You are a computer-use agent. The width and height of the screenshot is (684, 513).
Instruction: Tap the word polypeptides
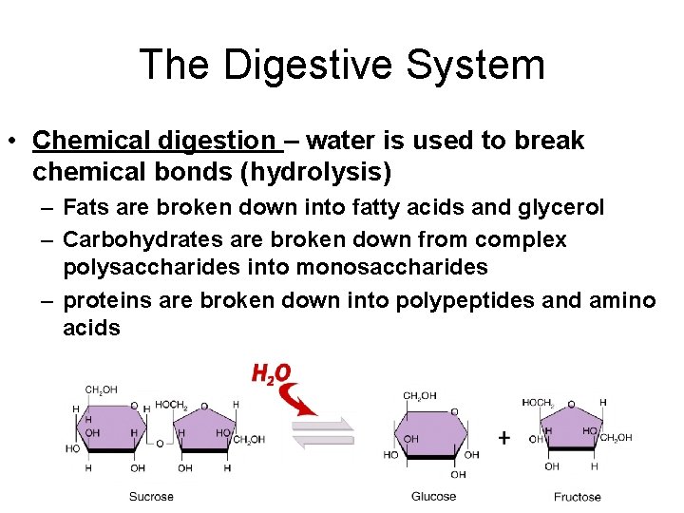(480, 300)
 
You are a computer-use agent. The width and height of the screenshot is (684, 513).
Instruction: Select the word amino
(623, 300)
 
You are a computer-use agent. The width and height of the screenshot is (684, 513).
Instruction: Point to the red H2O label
(272, 373)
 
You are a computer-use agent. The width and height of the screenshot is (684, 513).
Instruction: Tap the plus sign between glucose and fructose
(503, 438)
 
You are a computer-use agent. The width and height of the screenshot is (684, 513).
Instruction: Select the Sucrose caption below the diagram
(152, 497)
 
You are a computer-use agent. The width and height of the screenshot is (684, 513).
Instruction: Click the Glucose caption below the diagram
(434, 497)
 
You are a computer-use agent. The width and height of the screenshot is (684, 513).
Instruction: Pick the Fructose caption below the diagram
(578, 497)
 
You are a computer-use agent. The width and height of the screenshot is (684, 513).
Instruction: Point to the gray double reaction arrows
(322, 433)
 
